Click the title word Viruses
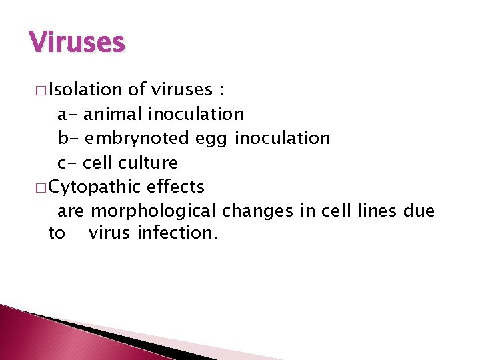[77, 43]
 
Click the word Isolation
[85, 90]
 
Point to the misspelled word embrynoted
[138, 139]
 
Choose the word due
[419, 211]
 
